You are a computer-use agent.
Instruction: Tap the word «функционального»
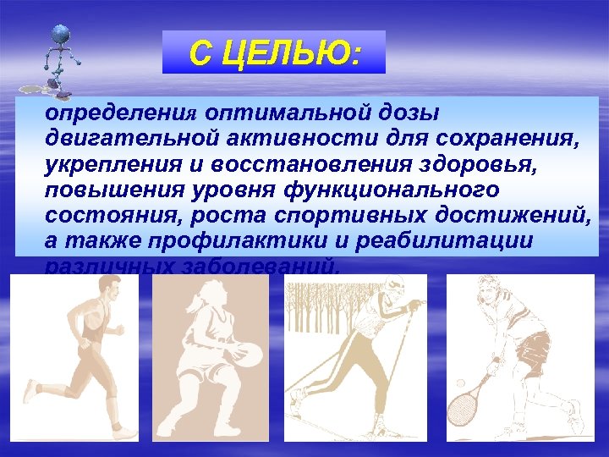pos(397,189)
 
